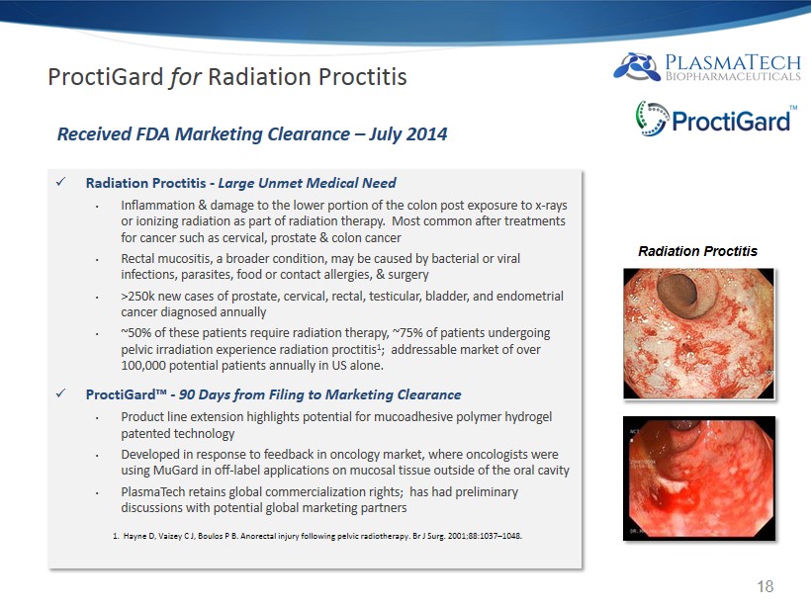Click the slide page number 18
tap(765, 586)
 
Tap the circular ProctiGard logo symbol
tap(651, 119)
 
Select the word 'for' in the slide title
tap(185, 77)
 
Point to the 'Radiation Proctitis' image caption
tap(697, 251)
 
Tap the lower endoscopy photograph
tap(699, 478)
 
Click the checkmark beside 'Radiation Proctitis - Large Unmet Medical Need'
tap(60, 182)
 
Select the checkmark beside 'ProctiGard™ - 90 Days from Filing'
tap(60, 393)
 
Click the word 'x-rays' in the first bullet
tap(551, 206)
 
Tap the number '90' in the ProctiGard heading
tap(187, 394)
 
